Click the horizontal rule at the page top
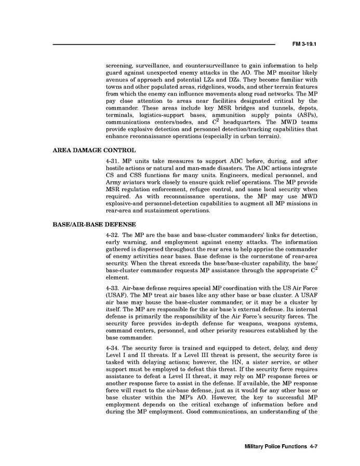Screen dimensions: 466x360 [164, 45]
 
